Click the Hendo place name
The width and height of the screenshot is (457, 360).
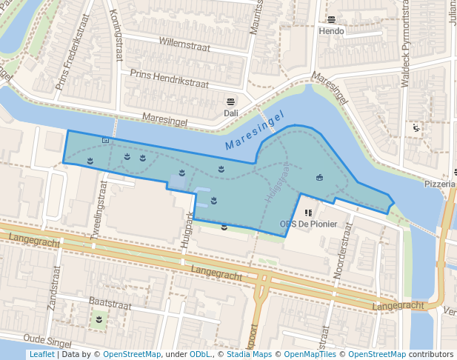point(331,32)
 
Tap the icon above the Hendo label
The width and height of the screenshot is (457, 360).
point(331,20)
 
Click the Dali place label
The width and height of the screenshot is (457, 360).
point(230,113)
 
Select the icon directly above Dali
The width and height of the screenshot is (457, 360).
point(230,101)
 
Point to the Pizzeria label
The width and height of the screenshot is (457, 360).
point(440,184)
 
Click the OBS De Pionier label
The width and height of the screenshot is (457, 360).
point(308,224)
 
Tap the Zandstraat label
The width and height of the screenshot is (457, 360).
point(53,290)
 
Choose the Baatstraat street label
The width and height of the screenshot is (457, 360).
point(110,304)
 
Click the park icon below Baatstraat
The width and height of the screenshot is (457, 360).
point(98,319)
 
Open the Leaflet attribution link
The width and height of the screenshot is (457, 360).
point(41,355)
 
